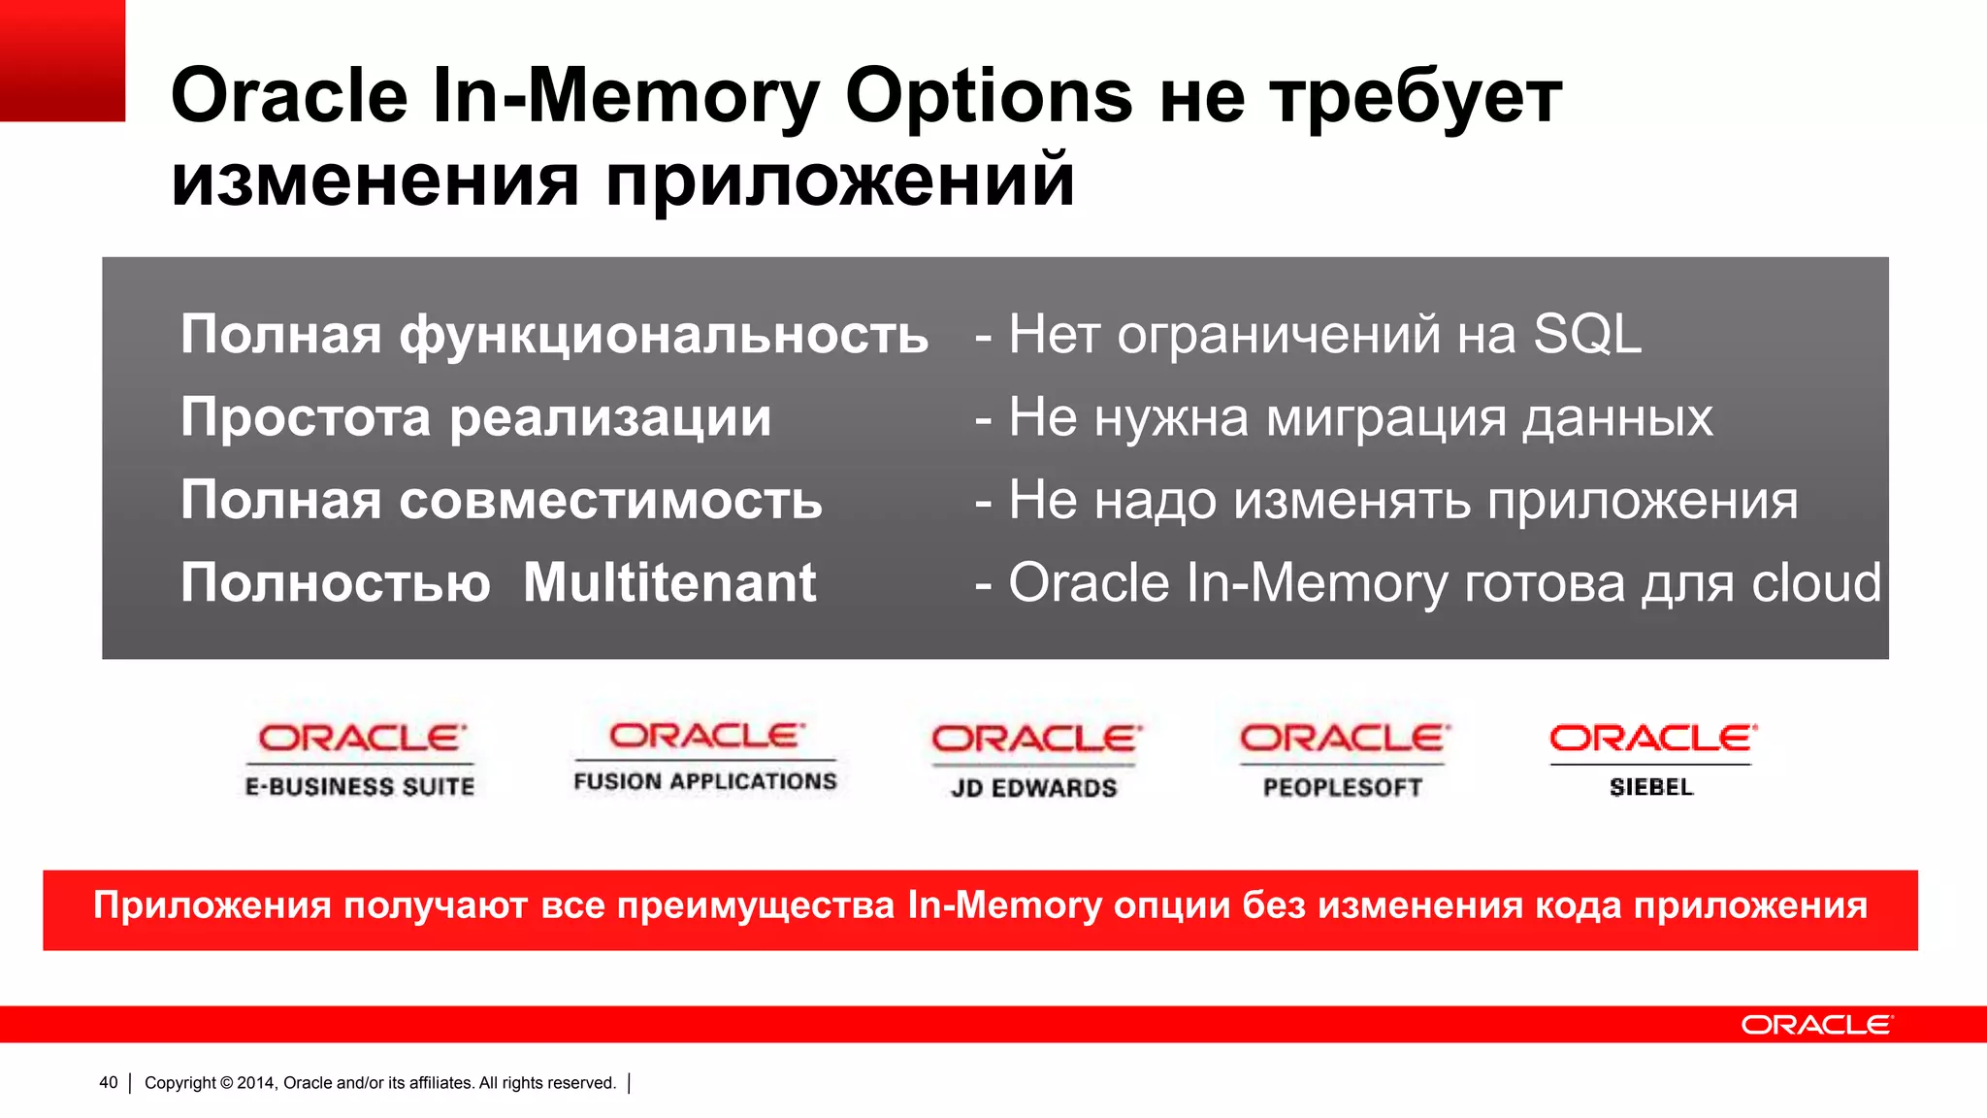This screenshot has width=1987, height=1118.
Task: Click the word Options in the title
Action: (989, 97)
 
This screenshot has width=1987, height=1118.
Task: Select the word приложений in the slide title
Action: (840, 181)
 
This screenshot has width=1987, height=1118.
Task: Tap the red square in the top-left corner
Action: (62, 60)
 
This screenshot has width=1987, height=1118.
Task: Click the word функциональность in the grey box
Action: (664, 335)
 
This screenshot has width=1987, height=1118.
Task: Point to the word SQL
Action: (1587, 335)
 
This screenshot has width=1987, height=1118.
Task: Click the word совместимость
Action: (610, 501)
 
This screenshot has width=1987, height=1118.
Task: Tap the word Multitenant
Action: (669, 583)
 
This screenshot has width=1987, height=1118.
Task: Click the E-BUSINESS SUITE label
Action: (360, 786)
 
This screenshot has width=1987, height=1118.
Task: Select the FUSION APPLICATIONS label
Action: (705, 781)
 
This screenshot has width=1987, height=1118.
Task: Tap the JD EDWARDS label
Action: (1034, 788)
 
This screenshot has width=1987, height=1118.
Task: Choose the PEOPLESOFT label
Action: (1343, 788)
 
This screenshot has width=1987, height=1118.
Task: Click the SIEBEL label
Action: (1651, 787)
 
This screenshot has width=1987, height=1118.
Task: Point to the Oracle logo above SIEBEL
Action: (1652, 739)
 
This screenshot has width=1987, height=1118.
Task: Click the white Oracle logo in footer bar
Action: (1815, 1025)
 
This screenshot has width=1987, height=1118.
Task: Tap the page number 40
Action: (109, 1083)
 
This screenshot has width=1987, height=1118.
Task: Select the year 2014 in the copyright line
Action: (256, 1083)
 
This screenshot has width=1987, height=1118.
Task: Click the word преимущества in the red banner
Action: (756, 905)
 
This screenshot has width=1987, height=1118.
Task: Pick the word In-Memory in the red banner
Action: (1005, 905)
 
